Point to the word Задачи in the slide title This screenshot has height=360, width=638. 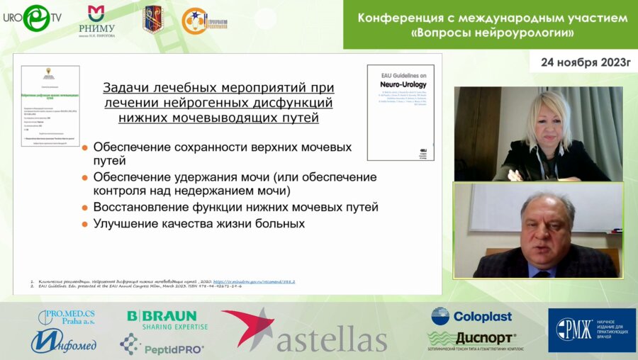tap(128, 88)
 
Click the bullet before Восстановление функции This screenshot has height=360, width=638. tap(85, 208)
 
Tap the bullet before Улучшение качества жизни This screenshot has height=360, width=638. tap(85, 224)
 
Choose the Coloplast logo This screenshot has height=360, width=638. tap(471, 316)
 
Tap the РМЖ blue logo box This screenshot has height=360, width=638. tap(591, 330)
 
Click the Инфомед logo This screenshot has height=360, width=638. tap(63, 342)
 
